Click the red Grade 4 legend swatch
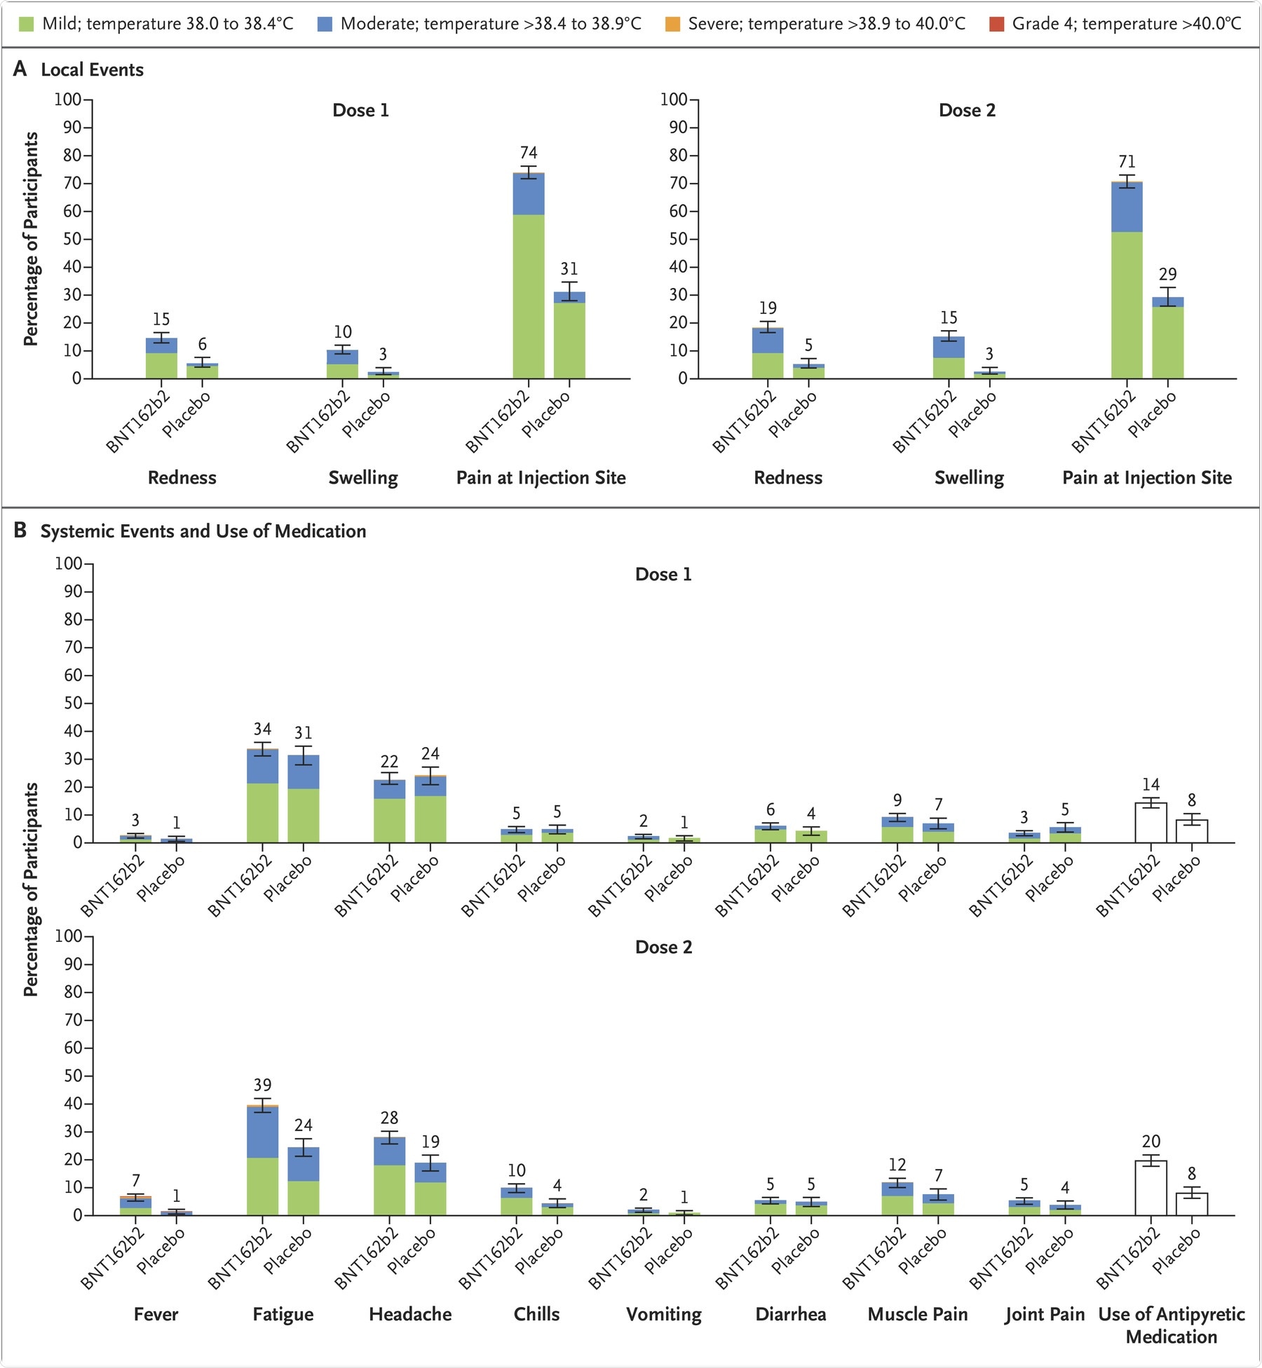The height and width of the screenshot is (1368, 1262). point(996,25)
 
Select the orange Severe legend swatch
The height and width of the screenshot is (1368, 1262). point(672,25)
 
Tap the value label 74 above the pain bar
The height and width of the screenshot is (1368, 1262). point(529,153)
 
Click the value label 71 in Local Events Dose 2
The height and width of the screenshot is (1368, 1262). point(1127,162)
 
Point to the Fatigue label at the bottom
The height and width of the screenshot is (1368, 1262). point(283,1314)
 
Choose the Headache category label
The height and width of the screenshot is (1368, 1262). point(410,1314)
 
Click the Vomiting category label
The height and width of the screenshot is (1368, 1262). point(663,1314)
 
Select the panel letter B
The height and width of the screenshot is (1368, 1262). point(20,531)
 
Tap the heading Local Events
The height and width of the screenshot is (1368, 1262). point(92,70)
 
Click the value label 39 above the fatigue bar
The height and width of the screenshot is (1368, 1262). point(262,1086)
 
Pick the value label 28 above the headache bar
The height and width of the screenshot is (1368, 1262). point(389,1118)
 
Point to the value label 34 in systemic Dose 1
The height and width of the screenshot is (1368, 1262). point(262,730)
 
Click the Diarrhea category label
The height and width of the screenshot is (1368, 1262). point(790,1314)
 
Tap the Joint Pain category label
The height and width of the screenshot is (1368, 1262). point(1044,1314)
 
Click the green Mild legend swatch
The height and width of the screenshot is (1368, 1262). point(26,25)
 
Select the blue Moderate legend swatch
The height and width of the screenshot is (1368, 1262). point(325,25)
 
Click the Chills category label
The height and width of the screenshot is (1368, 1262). point(536,1314)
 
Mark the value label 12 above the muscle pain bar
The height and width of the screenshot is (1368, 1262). point(897,1165)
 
